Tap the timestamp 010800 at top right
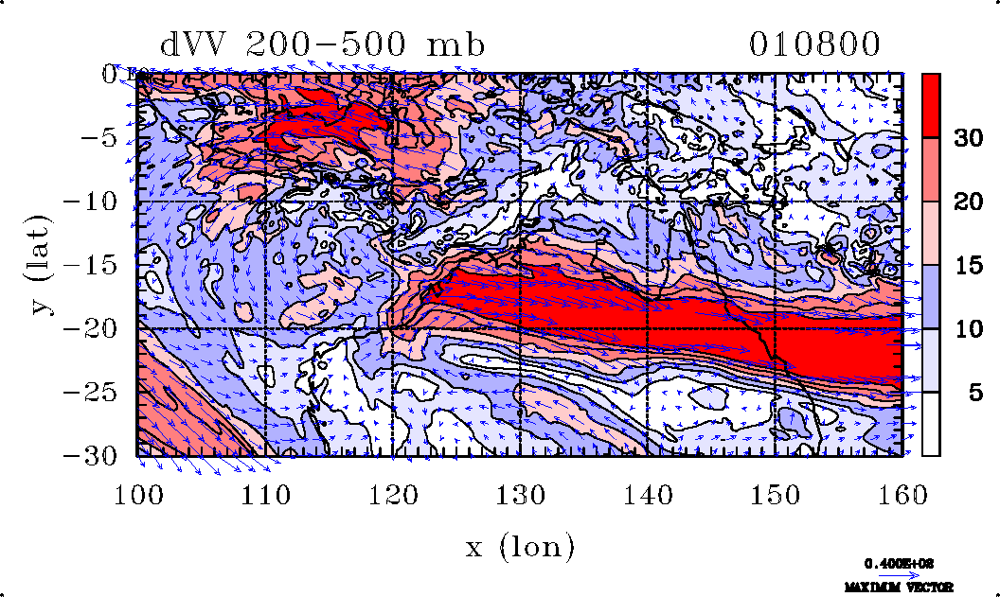click(815, 44)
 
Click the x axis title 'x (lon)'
click(519, 547)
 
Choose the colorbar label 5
click(961, 393)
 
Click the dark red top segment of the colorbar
click(931, 106)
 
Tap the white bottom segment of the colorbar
click(931, 424)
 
